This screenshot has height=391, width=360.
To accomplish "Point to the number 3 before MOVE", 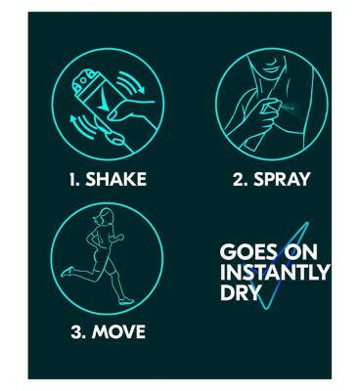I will [x=79, y=332].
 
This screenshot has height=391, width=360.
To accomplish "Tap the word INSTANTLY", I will [x=275, y=271].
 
